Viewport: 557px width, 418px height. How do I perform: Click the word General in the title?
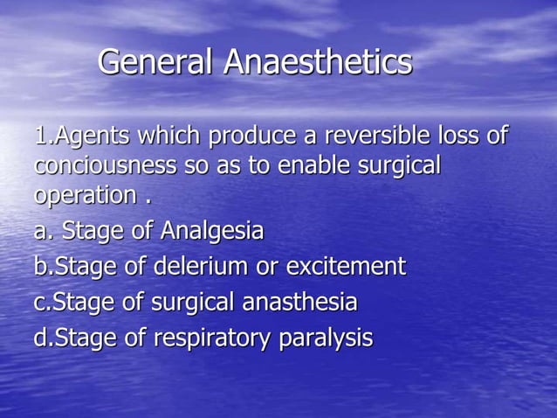coord(156,61)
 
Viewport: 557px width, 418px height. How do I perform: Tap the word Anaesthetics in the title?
coord(318,61)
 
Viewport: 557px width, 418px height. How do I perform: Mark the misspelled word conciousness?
coord(98,165)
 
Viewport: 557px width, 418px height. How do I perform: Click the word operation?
coord(85,195)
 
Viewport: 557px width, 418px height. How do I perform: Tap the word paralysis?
coord(326,338)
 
